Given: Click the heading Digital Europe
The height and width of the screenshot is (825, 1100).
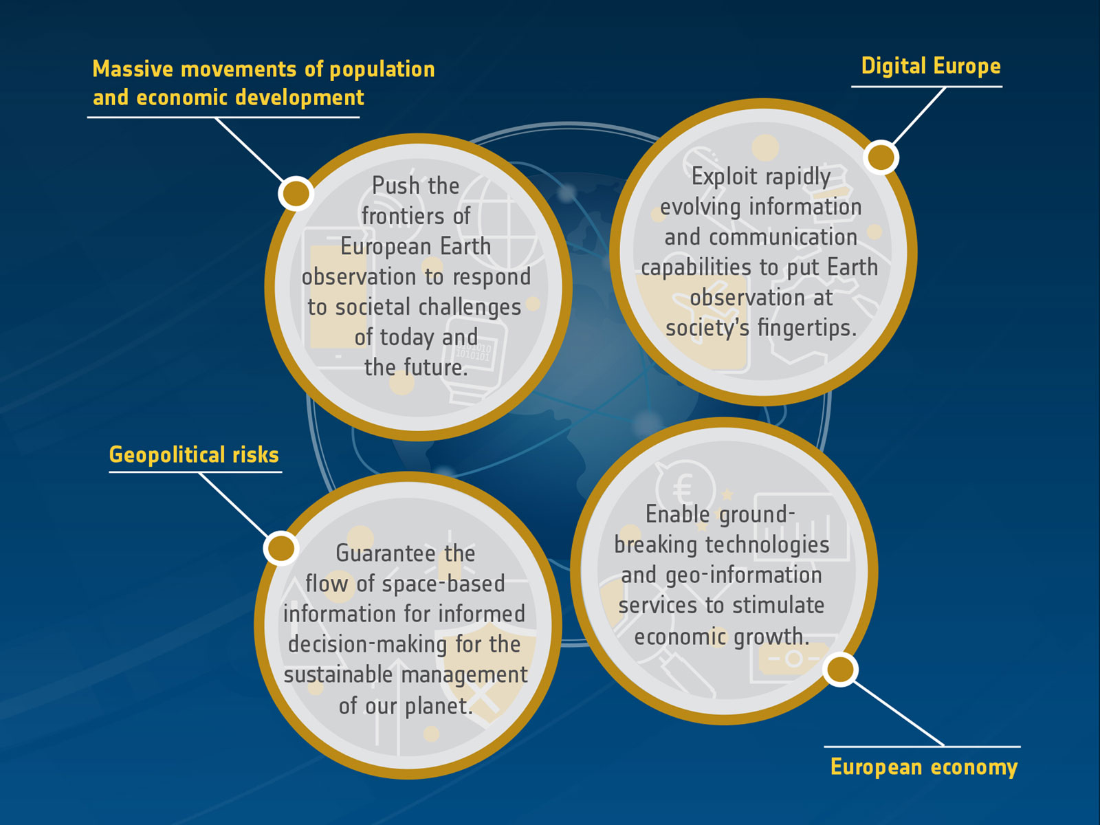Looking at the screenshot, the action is pos(931,67).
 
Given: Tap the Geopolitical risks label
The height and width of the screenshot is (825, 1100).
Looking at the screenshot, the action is pos(194,455).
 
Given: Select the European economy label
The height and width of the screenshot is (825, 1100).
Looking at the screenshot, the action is pos(923,767).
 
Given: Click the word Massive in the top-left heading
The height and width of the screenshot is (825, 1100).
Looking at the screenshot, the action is pos(133,69).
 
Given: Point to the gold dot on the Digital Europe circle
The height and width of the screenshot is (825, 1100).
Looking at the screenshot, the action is pos(881,157).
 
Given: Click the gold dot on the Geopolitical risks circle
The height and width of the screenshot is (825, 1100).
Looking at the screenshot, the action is pos(281,548).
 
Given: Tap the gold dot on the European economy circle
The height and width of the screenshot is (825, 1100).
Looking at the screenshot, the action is pos(840,669).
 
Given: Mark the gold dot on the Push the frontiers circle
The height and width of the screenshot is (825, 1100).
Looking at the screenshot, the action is pos(296,193).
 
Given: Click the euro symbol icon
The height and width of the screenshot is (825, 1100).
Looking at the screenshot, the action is pos(684,487).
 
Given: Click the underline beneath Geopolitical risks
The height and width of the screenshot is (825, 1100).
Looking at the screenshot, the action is pos(195,472).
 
